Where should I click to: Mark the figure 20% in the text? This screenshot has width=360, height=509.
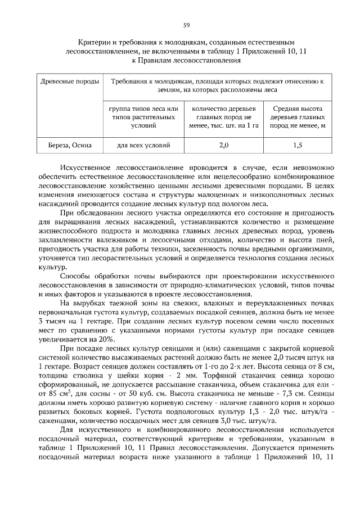[105, 339]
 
